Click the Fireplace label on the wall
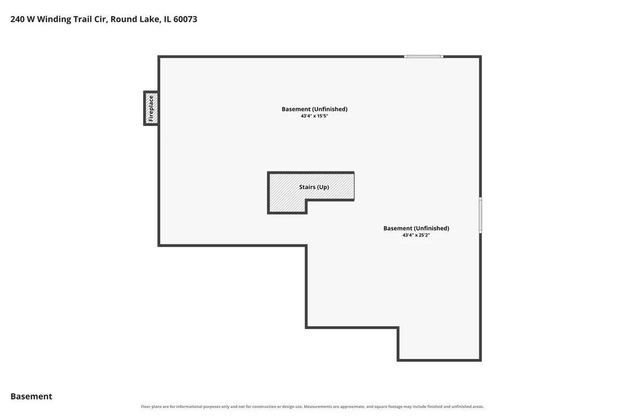(x=151, y=108)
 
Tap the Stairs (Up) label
(x=314, y=187)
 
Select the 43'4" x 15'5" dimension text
(x=315, y=116)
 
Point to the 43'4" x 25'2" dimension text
(x=416, y=235)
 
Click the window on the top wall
(x=424, y=56)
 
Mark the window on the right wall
(x=480, y=215)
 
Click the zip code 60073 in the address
(x=186, y=19)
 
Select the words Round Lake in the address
(x=135, y=19)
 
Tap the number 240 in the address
(x=17, y=19)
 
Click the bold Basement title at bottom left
(x=31, y=396)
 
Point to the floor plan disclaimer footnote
(x=312, y=407)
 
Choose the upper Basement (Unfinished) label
(x=315, y=109)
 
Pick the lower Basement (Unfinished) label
(x=416, y=229)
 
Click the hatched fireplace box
(x=151, y=108)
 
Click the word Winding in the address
(x=54, y=19)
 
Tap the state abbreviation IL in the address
(x=168, y=19)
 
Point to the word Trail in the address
(x=83, y=19)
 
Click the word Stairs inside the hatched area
(x=307, y=187)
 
